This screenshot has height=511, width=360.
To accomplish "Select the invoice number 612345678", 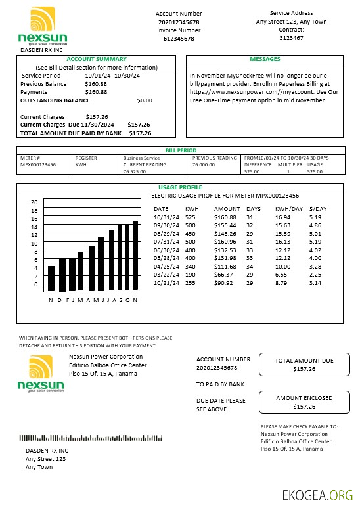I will pyautogui.click(x=178, y=39).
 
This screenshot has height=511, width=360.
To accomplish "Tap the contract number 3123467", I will pyautogui.click(x=291, y=38).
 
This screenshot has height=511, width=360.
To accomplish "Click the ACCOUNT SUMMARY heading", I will pyautogui.click(x=97, y=59).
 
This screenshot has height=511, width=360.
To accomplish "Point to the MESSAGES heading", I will pyautogui.click(x=265, y=59).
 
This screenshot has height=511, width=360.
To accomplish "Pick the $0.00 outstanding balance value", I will pyautogui.click(x=144, y=100).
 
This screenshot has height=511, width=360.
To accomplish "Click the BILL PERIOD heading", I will pyautogui.click(x=181, y=150).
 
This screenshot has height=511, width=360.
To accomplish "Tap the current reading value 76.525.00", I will pyautogui.click(x=135, y=172).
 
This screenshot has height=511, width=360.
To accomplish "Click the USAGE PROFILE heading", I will pyautogui.click(x=180, y=187).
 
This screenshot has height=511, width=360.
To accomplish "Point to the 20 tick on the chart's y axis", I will pyautogui.click(x=35, y=202).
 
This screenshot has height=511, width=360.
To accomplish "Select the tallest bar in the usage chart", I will pyautogui.click(x=135, y=255).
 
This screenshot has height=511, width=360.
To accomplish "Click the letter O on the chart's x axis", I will pyautogui.click(x=127, y=300).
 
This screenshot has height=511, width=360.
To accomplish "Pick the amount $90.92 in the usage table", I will pyautogui.click(x=225, y=282).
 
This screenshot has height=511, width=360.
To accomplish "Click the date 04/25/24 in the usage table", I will pyautogui.click(x=165, y=266).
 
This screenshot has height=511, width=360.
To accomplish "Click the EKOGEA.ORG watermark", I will pyautogui.click(x=317, y=495).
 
